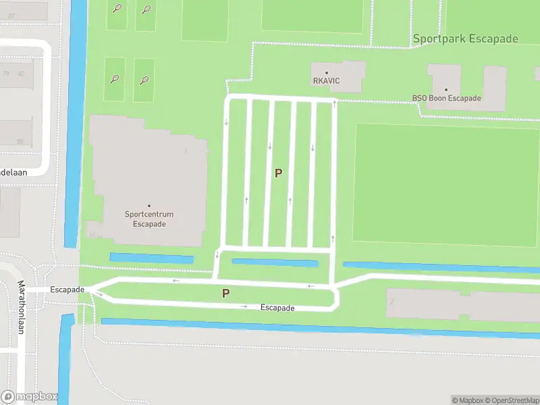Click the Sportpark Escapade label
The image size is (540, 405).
[x=466, y=38]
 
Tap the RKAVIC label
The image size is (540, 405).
[x=326, y=81]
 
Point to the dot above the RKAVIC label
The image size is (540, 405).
[x=327, y=72]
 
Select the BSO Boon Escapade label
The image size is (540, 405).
[x=446, y=98]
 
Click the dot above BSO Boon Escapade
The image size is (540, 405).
[x=446, y=89]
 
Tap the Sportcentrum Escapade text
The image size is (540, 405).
[x=149, y=219]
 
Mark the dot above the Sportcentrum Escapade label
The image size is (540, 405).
[x=149, y=206]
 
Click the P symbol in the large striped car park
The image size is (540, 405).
[x=278, y=173]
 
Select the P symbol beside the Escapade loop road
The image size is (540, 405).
[x=226, y=294]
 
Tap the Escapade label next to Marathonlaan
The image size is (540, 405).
[x=67, y=290]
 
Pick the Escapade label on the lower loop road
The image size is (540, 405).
[x=277, y=308]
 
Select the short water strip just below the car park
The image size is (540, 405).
[x=275, y=263]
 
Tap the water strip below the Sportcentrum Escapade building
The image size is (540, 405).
[x=151, y=258]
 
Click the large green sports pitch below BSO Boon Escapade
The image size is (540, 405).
[x=446, y=184]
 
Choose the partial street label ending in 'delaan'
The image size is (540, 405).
[x=13, y=172]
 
